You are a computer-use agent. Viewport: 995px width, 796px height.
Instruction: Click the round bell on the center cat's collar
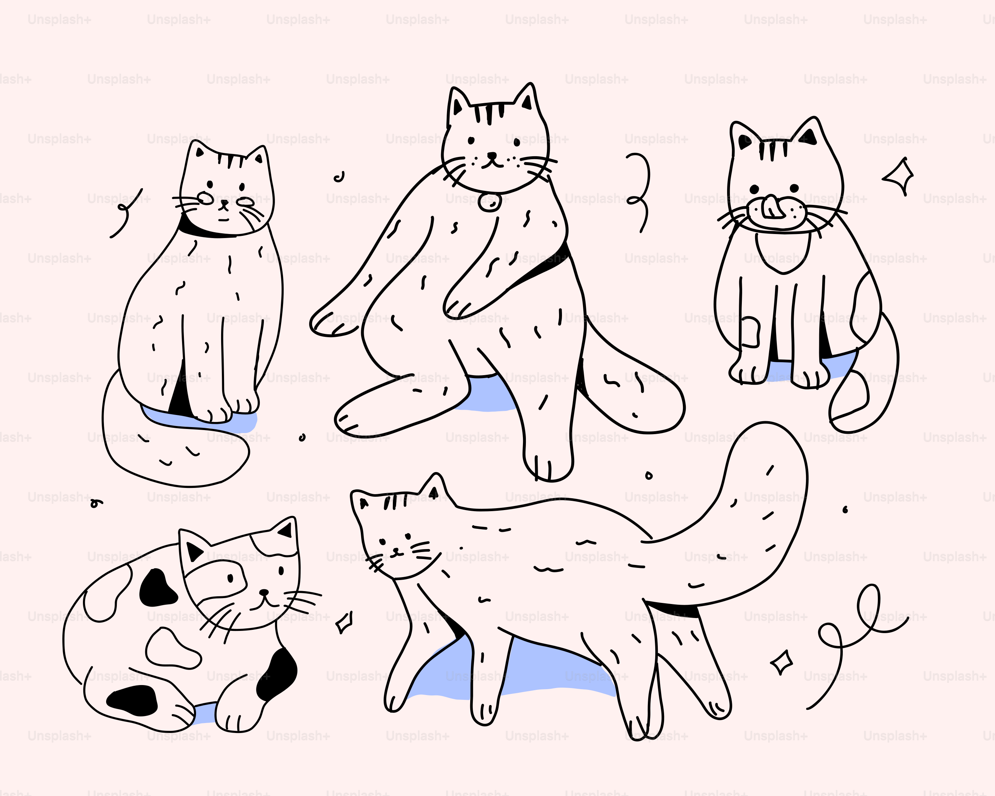[490, 202]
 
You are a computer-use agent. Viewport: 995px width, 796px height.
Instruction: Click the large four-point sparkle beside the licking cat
[899, 176]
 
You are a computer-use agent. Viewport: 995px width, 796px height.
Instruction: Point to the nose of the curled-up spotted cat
[263, 593]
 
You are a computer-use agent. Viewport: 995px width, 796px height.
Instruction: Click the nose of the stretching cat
[395, 550]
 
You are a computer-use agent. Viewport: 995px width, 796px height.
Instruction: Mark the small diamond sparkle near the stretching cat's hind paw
[781, 663]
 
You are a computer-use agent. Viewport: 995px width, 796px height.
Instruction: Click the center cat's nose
[492, 156]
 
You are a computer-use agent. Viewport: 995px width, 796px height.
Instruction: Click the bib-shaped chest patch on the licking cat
[783, 251]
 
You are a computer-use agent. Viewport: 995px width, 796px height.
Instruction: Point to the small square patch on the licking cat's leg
[750, 332]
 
